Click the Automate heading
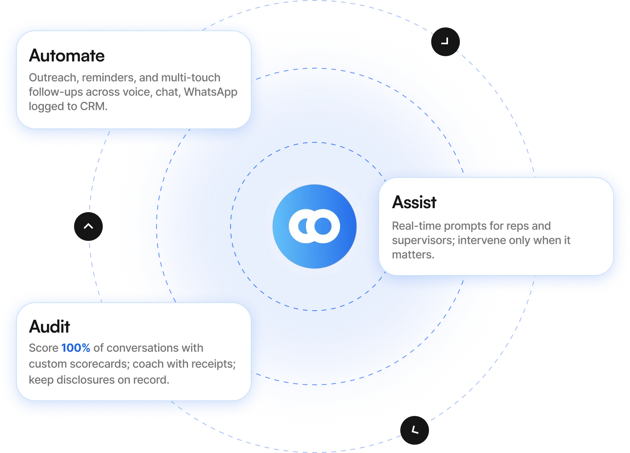(67, 56)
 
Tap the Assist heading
(414, 202)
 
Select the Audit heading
(49, 327)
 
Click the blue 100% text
(76, 348)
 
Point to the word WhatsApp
(210, 92)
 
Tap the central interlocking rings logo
(314, 226)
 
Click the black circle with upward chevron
(88, 226)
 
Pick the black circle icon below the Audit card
(415, 430)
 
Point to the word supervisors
(423, 240)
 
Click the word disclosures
(86, 380)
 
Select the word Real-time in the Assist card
(416, 226)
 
